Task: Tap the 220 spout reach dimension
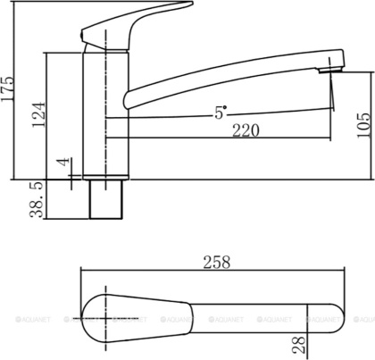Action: [x=220, y=131]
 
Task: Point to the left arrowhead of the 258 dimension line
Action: [x=84, y=272]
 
